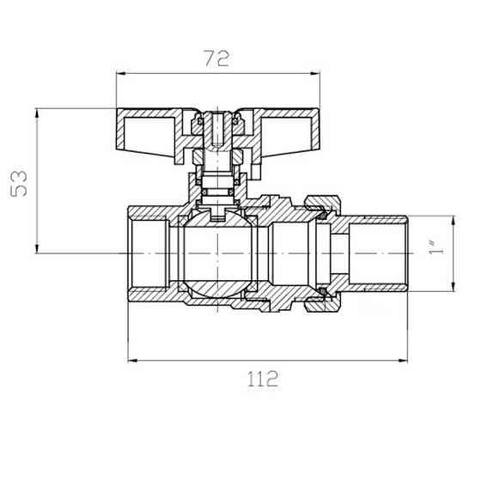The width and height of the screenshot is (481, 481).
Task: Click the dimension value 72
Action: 216,59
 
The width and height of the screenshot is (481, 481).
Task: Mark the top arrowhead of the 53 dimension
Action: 37,113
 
